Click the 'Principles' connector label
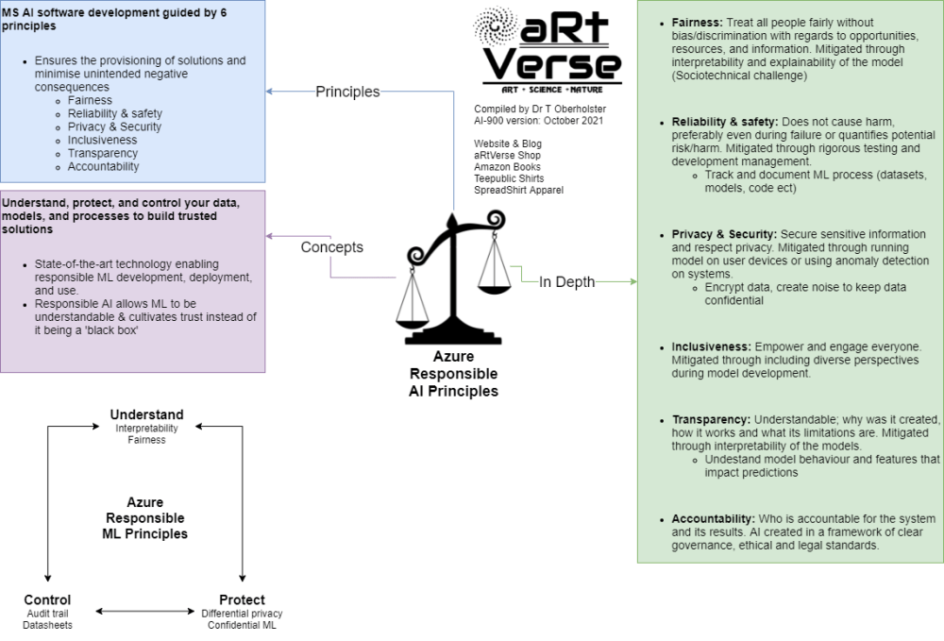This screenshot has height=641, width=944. coord(347,92)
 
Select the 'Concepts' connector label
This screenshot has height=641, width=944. coord(331,247)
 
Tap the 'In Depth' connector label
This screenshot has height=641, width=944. coord(566,281)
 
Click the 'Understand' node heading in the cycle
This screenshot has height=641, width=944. coord(146,414)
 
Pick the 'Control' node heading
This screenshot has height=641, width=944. coord(47,599)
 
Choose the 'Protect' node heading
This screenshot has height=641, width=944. coord(242,599)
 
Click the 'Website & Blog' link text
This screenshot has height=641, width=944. coord(508,143)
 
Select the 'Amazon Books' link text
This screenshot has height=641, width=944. coord(507,167)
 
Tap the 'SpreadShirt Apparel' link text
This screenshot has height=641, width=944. coord(519,190)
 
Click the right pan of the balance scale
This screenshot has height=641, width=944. coord(492,281)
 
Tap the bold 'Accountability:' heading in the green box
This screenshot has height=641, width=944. coord(713,518)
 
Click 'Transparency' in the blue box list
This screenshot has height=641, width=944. coord(103,153)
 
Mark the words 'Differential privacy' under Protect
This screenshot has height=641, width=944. coord(242,614)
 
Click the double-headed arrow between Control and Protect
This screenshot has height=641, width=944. coord(144,611)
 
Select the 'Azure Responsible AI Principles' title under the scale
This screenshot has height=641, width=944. coord(453,374)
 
